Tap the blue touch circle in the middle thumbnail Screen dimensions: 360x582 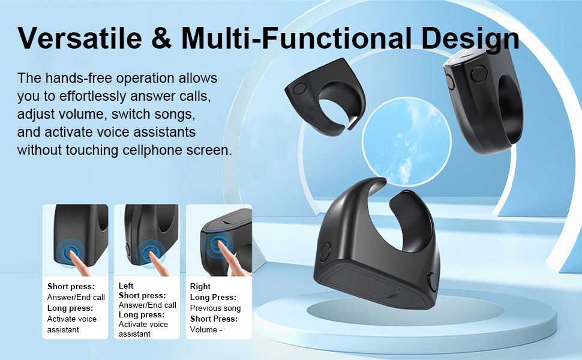[146, 252]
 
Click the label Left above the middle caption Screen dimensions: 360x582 [126, 286]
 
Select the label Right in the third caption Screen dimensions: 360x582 [200, 287]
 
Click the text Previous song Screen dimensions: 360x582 [214, 308]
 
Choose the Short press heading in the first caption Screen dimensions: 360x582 [70, 287]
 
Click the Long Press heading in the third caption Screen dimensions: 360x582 [212, 298]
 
